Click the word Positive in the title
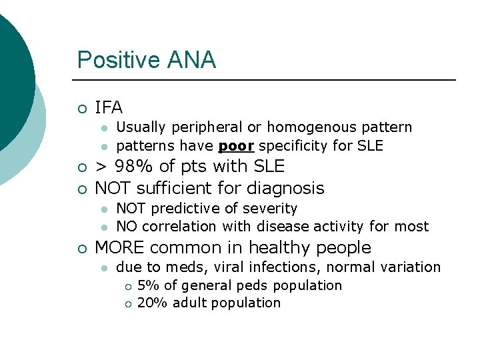coord(116,61)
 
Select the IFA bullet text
coord(109,107)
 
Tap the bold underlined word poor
coord(236,145)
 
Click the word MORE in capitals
coord(120,248)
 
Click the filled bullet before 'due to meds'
coord(104,268)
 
